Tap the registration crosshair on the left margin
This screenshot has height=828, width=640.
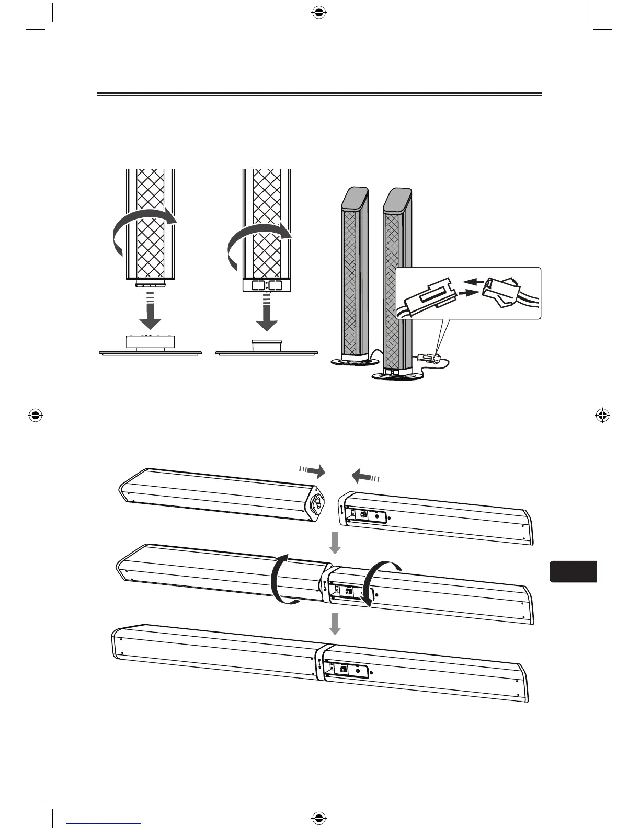point(36,416)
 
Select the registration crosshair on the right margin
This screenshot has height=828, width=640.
point(603,416)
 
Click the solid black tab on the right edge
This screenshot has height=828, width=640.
point(573,572)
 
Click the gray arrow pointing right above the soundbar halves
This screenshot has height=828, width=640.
point(313,471)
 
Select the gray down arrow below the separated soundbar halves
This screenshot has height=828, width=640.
point(335,543)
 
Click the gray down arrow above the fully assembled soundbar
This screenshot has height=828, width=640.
point(335,624)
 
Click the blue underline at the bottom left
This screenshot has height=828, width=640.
point(104,823)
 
